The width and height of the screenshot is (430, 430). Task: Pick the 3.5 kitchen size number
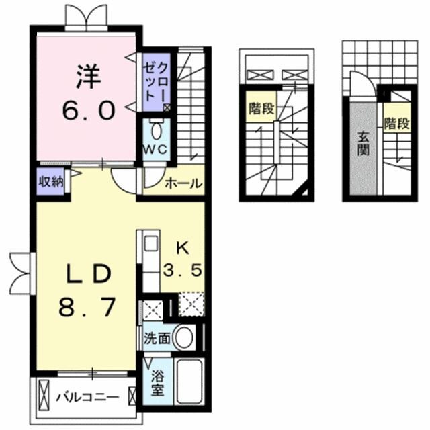click(x=183, y=272)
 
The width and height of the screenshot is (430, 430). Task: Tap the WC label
click(x=154, y=150)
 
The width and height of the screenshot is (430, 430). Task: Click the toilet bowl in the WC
click(x=156, y=130)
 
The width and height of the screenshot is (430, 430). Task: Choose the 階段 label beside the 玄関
click(x=396, y=124)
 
